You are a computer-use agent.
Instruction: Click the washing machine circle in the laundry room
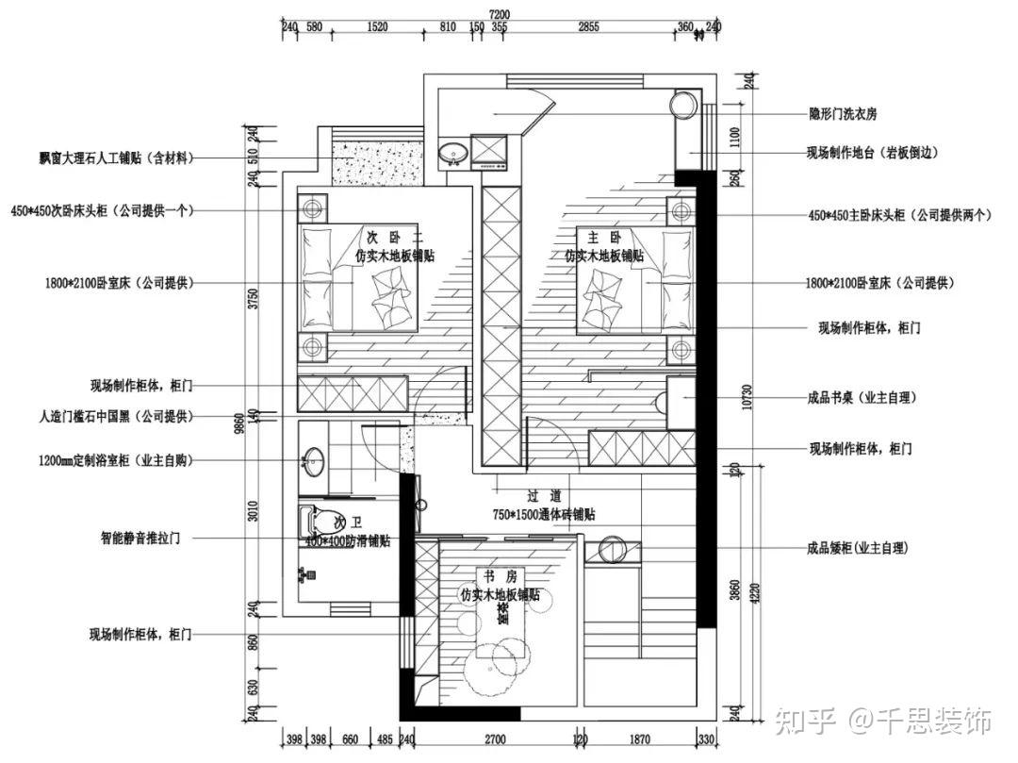pos(681,105)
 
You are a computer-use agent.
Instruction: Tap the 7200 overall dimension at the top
pos(499,13)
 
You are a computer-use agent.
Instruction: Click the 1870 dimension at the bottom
pos(639,741)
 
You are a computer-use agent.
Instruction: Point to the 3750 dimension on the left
pos(252,299)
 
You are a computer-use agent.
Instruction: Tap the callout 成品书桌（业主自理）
pos(862,398)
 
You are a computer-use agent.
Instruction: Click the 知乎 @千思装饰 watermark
pos(883,722)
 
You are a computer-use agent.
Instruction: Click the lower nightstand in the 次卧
pos(313,345)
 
